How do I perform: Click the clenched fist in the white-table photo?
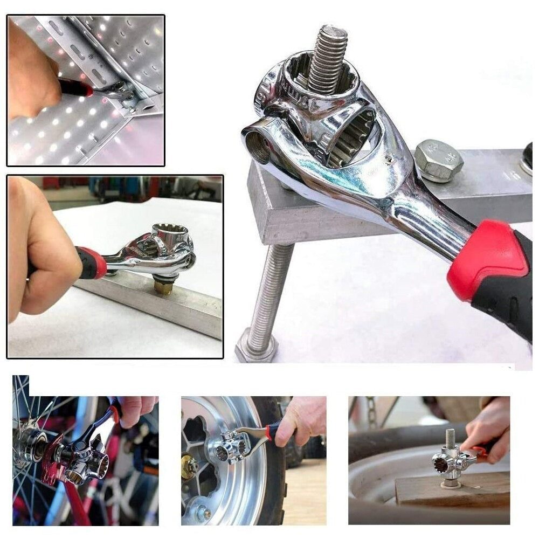(40, 253)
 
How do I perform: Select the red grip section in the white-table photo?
(93, 264)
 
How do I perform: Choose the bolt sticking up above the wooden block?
(450, 439)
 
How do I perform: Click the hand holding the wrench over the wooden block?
(488, 426)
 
